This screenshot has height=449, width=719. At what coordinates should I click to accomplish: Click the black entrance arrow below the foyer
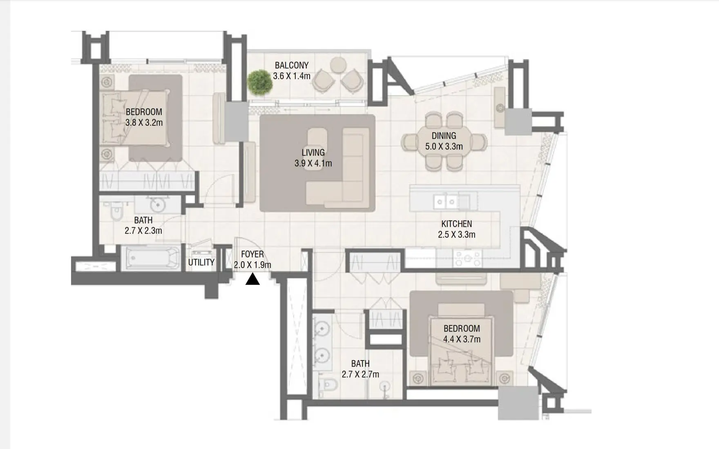click(x=252, y=280)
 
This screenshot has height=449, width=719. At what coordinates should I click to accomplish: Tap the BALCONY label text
click(x=291, y=65)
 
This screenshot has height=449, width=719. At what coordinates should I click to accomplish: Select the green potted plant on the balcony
click(x=260, y=82)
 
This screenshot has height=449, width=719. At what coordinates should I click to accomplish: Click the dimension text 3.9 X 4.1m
click(x=313, y=164)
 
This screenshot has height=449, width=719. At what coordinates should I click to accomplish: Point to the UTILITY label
click(x=201, y=262)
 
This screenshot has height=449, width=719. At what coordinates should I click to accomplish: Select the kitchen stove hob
click(x=467, y=258)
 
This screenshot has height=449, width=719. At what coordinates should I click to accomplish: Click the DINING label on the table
click(x=444, y=136)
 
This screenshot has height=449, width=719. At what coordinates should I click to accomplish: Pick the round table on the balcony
click(x=338, y=64)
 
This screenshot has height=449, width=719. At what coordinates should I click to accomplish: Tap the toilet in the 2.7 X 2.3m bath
click(x=116, y=212)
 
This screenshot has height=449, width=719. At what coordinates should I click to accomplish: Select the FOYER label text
click(x=252, y=254)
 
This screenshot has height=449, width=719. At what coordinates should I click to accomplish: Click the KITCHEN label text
click(x=456, y=224)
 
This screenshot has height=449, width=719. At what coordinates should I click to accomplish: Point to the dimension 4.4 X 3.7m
click(x=462, y=339)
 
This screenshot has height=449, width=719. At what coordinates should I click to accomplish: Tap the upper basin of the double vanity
click(x=323, y=328)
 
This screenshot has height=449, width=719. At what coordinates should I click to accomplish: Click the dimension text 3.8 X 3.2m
click(x=144, y=122)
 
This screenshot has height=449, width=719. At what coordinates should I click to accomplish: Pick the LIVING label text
click(x=313, y=153)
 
